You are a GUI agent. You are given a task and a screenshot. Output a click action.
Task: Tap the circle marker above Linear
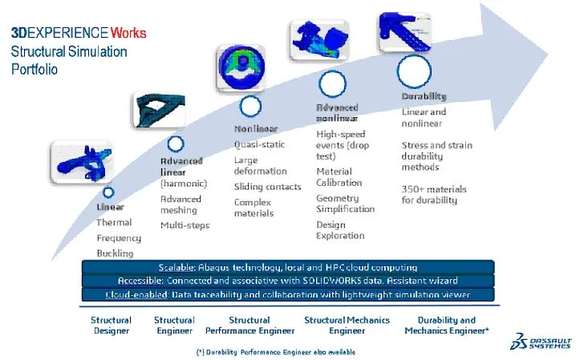108,192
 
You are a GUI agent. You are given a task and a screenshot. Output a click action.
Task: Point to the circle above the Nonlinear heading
250,107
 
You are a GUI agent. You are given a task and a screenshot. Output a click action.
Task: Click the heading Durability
424,97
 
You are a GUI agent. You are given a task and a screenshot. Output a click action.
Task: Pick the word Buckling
115,253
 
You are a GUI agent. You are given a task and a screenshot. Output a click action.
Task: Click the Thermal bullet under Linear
114,222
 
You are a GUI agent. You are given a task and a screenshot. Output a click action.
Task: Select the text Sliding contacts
267,186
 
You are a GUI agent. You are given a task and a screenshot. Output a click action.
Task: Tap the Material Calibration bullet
339,176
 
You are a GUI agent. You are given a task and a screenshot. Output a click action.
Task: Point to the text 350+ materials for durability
433,193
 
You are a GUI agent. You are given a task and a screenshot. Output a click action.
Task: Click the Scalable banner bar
287,266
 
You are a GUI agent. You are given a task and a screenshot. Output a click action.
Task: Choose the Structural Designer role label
111,325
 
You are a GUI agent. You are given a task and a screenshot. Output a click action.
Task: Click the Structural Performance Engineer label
249,325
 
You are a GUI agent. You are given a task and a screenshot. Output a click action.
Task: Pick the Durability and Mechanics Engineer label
447,325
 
